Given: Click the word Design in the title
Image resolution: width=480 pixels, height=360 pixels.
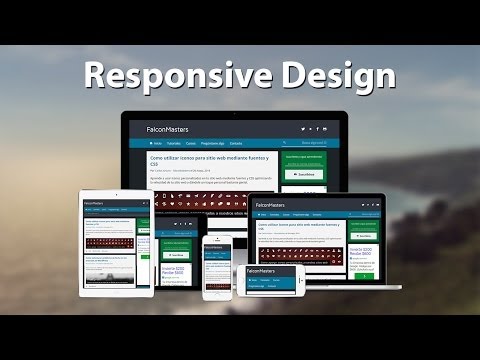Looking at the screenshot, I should pos(327,75).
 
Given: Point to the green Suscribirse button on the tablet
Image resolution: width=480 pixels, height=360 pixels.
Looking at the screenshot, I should pos(144,255).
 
